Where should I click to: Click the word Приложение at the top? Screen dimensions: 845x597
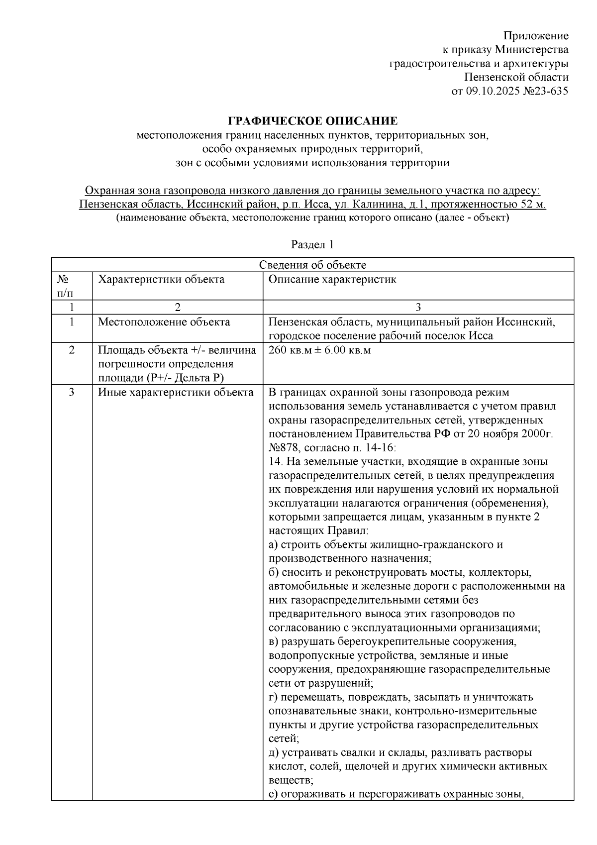click(x=536, y=36)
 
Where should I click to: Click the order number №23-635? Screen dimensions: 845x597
click(x=544, y=91)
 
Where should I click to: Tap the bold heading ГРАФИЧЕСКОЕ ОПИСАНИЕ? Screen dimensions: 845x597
click(x=312, y=121)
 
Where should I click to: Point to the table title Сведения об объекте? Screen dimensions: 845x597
click(x=312, y=265)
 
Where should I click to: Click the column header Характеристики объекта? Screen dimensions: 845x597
click(x=161, y=279)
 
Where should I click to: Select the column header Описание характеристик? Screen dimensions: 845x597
click(x=332, y=279)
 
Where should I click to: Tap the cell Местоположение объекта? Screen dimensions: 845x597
click(x=164, y=322)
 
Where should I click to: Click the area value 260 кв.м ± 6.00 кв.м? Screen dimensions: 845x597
click(x=319, y=350)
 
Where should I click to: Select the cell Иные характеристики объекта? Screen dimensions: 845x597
click(x=175, y=393)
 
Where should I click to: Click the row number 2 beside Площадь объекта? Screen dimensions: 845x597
click(x=72, y=350)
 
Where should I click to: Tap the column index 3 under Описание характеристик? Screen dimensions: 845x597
click(x=418, y=307)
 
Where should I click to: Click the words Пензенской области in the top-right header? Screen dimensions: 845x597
click(x=515, y=77)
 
